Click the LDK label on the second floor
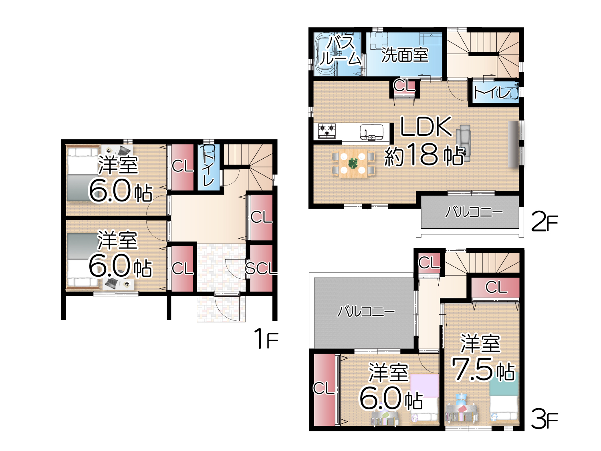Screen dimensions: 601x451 [426, 126]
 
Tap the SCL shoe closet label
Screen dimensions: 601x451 [261, 268]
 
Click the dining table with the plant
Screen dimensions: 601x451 [353, 163]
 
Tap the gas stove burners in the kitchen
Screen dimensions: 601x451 [327, 131]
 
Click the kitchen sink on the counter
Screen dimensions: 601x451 [371, 132]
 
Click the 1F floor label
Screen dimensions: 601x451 [266, 338]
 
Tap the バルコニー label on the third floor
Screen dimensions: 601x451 [366, 312]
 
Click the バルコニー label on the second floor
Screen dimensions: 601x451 [474, 212]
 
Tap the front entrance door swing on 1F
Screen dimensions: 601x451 [227, 306]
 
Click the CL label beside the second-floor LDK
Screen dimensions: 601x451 [404, 86]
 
